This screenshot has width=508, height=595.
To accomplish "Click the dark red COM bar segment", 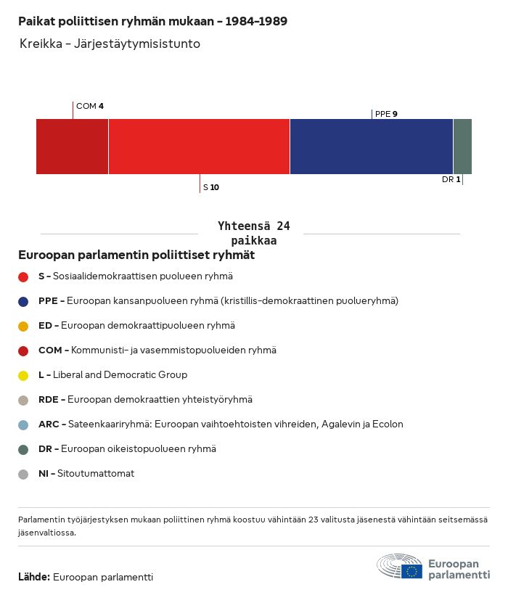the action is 72,147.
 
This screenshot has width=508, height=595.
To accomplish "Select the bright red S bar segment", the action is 199,147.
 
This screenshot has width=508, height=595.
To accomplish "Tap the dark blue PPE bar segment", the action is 372,147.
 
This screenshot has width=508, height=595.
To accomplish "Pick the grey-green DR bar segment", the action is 462,147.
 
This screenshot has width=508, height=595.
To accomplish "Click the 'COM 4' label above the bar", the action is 90,106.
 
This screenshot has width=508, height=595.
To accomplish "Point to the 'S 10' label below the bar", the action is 211,187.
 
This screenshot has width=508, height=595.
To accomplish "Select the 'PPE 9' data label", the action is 386,114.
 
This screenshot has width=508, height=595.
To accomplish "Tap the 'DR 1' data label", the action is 451,179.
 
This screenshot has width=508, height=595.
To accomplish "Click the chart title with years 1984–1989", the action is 153,21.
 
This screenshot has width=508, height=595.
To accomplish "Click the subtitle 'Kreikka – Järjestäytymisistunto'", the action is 110,44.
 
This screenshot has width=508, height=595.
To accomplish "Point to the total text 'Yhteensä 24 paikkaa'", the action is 254,233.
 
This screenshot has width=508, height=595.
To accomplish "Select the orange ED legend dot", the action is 23,327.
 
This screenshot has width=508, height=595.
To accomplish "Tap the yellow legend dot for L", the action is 23,376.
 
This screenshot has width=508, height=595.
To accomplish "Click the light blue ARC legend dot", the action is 23,425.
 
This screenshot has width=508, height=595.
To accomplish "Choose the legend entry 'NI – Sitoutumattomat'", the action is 86,474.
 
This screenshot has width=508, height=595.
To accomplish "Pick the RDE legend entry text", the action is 145,400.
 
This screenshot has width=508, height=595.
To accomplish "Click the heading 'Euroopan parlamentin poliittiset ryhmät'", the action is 136,255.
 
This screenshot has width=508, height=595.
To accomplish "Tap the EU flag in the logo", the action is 411,571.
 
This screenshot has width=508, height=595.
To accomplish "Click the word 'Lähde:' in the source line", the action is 34,577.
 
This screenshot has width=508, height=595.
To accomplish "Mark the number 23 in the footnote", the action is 314,520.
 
